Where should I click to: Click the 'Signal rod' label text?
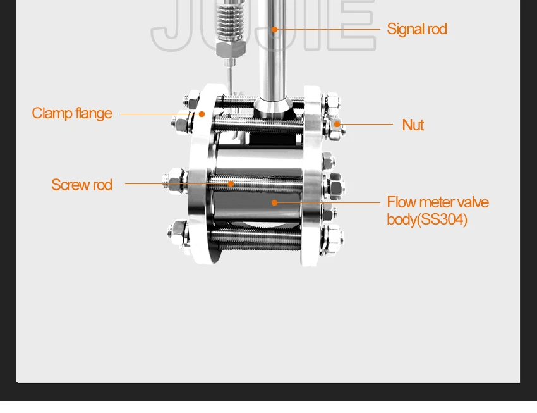416,29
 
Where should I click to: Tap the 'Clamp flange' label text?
72,113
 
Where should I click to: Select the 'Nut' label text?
413,125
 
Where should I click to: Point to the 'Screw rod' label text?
81,185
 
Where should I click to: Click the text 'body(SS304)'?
427,219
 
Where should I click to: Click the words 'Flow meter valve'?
438,202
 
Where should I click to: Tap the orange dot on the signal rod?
275,29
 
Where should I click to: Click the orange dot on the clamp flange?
202,114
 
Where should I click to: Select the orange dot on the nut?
337,125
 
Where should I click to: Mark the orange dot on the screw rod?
231,184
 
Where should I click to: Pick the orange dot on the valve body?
274,202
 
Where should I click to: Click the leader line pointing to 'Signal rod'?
329,29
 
